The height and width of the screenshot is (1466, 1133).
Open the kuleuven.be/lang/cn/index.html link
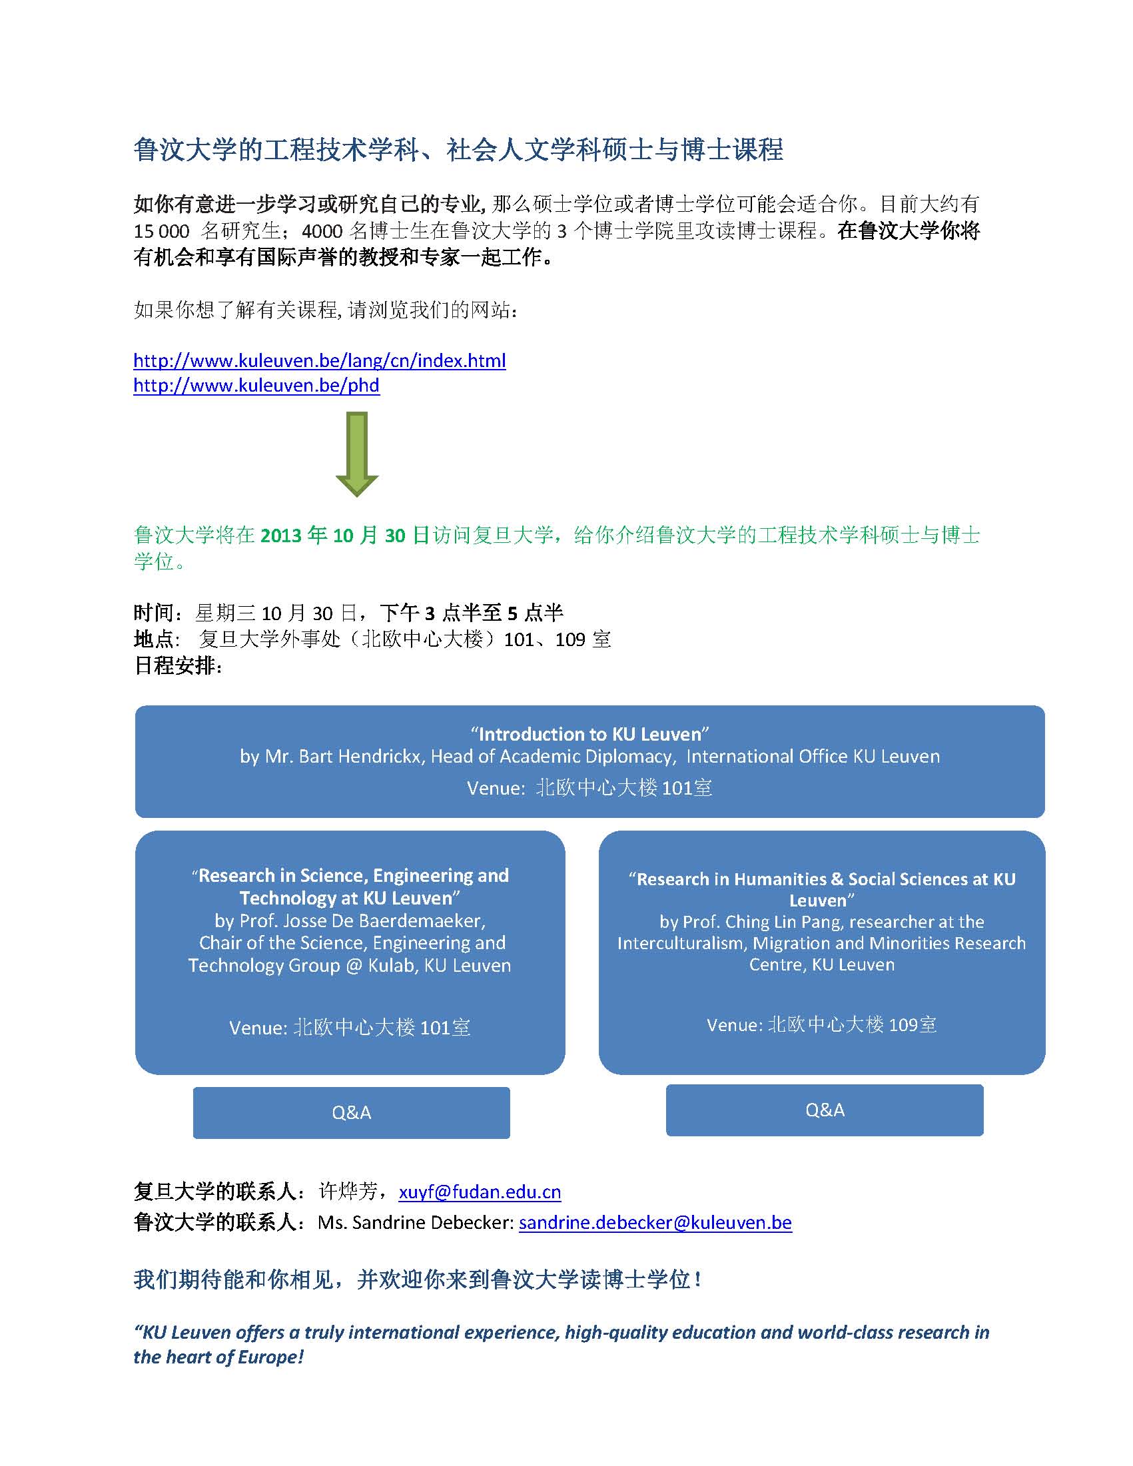pos(320,361)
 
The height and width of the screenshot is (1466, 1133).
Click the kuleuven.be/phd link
pos(256,386)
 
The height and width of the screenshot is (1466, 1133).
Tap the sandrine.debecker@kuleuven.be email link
pos(655,1222)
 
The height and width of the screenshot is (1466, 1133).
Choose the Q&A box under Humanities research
pos(824,1110)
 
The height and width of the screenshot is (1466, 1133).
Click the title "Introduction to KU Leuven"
pos(589,734)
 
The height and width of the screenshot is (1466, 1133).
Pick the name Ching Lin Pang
pos(782,922)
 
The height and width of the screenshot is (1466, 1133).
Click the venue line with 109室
pos(821,1025)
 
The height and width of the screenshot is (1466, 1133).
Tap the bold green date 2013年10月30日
pos(344,535)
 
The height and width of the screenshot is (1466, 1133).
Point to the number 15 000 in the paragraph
pos(161,232)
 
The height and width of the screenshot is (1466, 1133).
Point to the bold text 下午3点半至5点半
pos(471,613)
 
